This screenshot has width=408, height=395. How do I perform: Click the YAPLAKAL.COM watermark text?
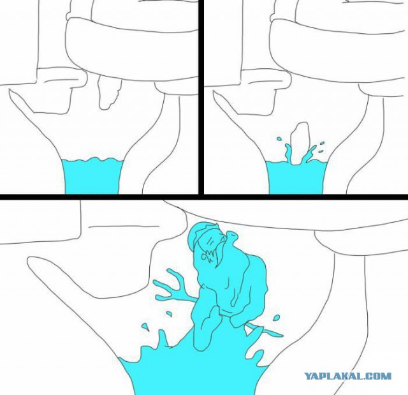pyautogui.click(x=347, y=376)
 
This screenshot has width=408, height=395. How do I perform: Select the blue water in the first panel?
pyautogui.click(x=92, y=175)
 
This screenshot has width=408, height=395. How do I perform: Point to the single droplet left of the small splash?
pyautogui.click(x=279, y=138)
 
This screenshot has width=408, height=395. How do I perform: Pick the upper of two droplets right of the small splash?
pyautogui.click(x=322, y=143)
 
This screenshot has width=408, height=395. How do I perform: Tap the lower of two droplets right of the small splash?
pyautogui.click(x=321, y=151)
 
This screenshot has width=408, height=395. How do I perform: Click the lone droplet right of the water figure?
pyautogui.click(x=277, y=318)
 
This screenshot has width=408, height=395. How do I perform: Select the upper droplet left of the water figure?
pyautogui.click(x=169, y=315)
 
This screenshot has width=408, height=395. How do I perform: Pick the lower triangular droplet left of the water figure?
pyautogui.click(x=145, y=327)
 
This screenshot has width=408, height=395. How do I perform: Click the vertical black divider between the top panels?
pyautogui.click(x=201, y=97)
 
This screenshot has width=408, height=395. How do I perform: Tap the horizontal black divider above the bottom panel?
pyautogui.click(x=204, y=197)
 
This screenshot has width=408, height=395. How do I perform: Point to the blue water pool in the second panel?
pyautogui.click(x=296, y=177)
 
